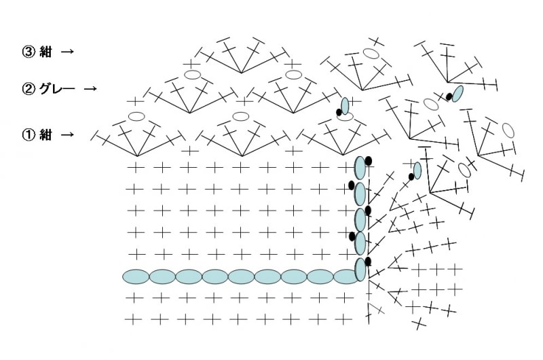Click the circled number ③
click(x=29, y=52)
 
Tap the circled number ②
click(x=29, y=89)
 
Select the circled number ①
click(x=29, y=134)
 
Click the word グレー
click(x=57, y=89)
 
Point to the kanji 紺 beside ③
click(x=45, y=52)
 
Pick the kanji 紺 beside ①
click(x=45, y=134)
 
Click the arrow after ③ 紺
click(x=67, y=52)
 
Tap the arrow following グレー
click(x=90, y=89)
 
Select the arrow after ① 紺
click(x=67, y=134)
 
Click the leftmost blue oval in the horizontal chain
click(x=136, y=276)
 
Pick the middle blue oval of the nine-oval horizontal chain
click(x=241, y=276)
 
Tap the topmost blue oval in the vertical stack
click(x=360, y=168)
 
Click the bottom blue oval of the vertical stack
click(x=360, y=270)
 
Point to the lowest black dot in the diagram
click(x=368, y=262)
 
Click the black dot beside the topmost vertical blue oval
click(x=368, y=161)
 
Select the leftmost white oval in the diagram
click(x=136, y=116)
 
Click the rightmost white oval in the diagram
click(x=508, y=130)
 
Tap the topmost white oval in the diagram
click(x=371, y=54)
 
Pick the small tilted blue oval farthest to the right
click(x=457, y=94)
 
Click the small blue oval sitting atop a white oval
click(x=345, y=106)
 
